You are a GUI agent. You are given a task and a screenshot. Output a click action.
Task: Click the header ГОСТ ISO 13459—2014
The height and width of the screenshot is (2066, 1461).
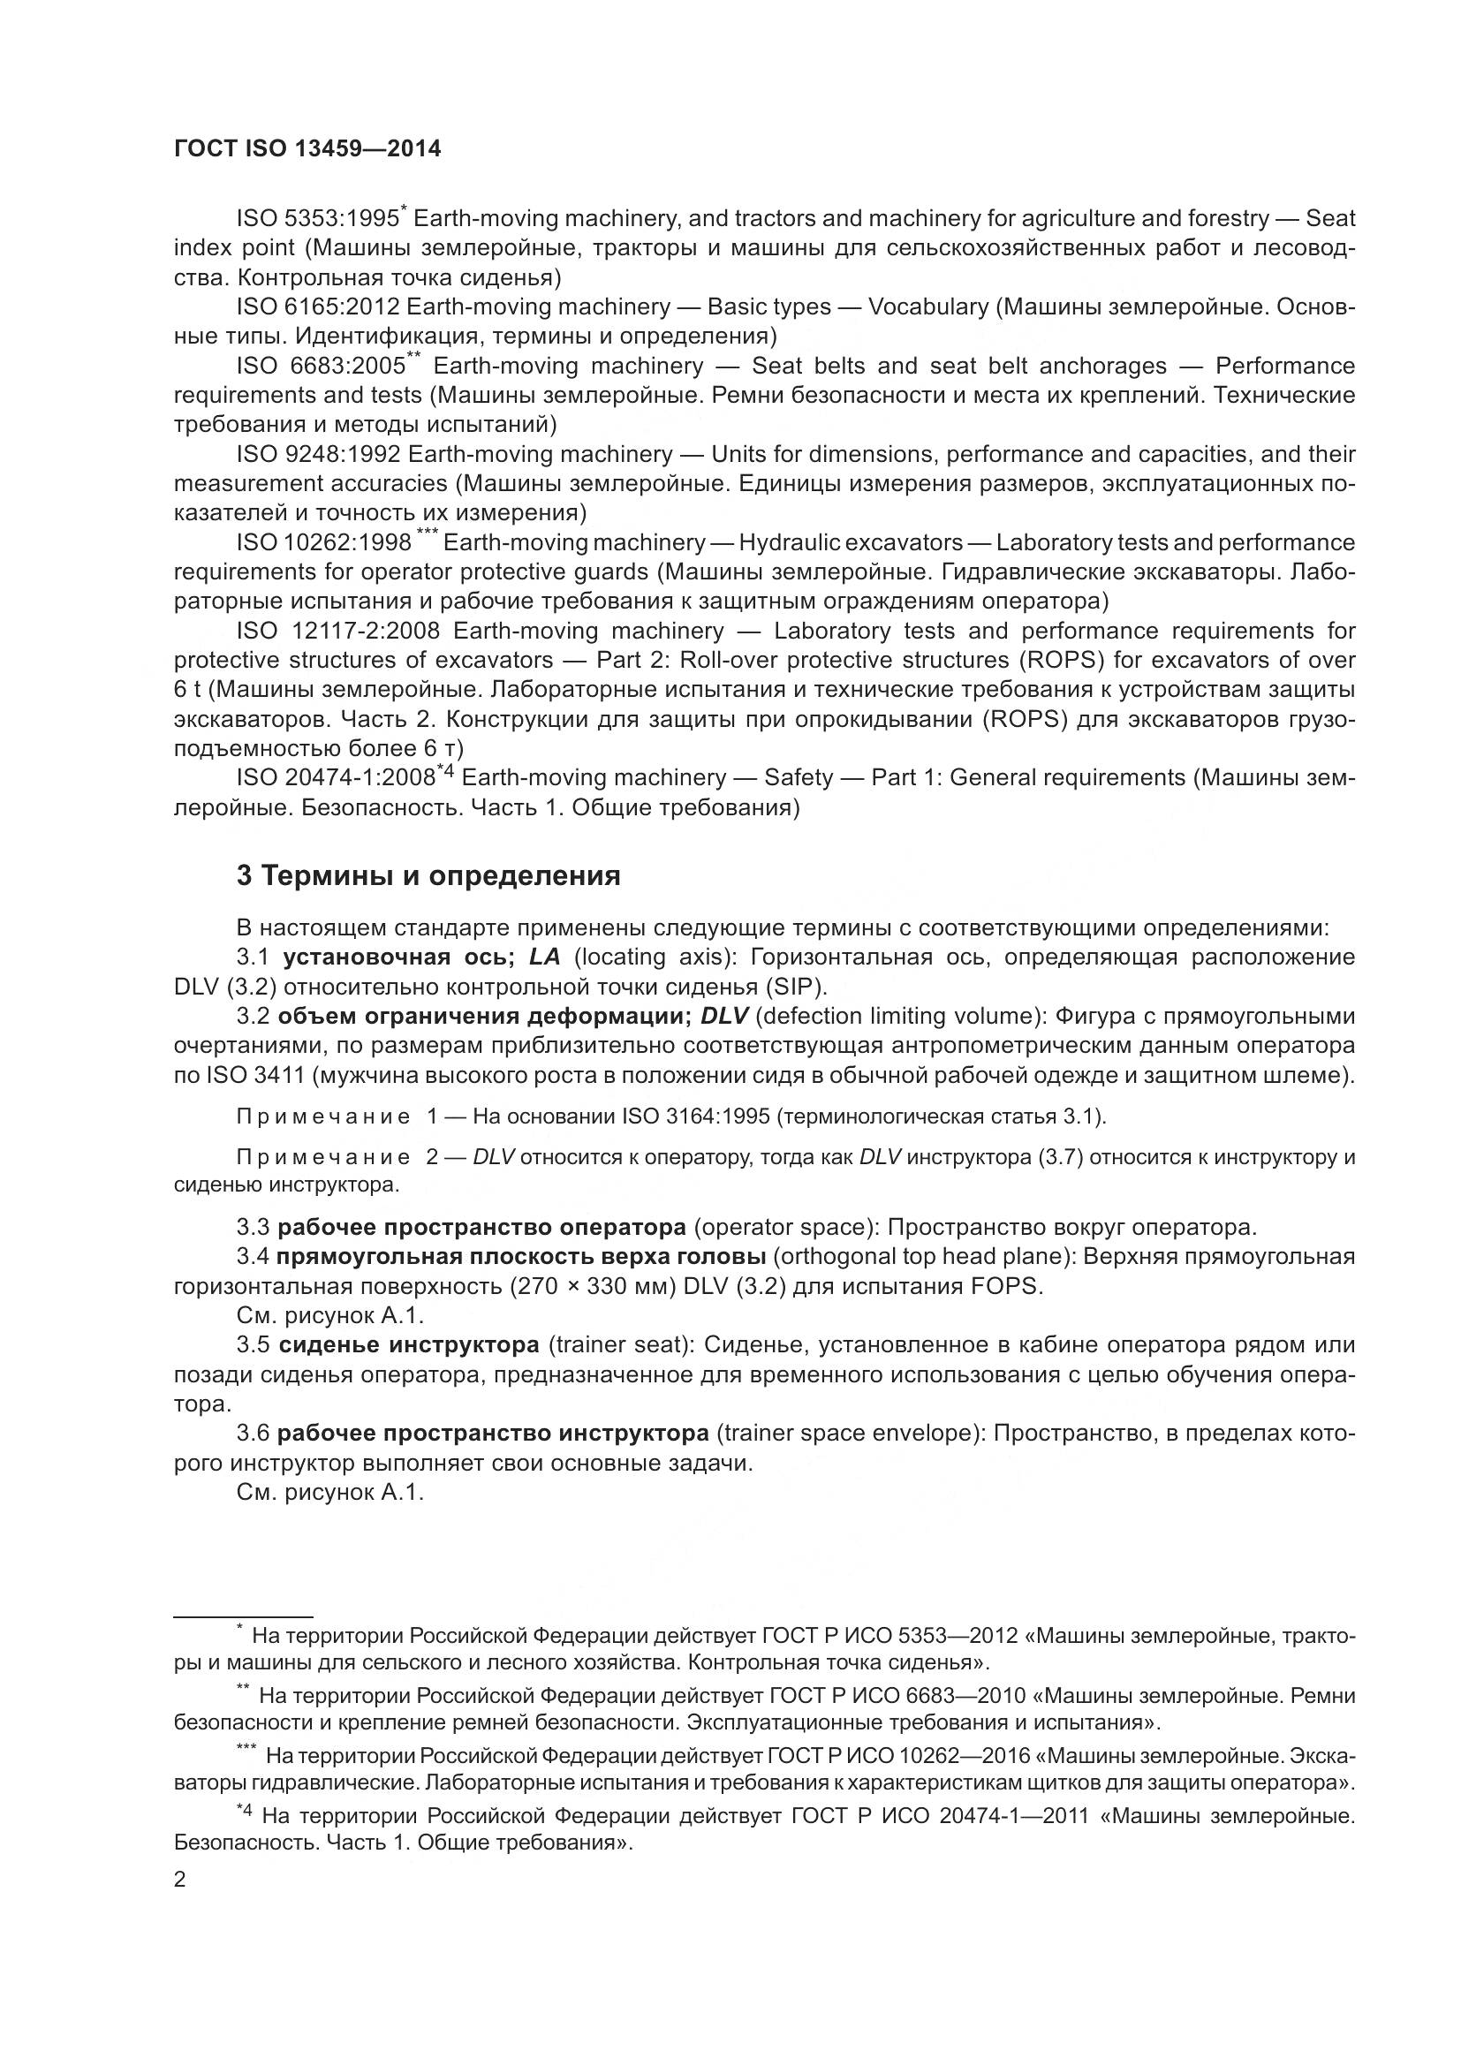pos(307,149)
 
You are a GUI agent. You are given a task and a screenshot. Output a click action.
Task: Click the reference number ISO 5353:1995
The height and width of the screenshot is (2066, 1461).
pos(318,219)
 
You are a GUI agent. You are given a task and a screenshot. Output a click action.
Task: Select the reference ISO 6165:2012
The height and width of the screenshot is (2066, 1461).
pos(318,306)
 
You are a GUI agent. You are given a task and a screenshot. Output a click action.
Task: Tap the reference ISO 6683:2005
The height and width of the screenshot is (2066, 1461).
pos(322,367)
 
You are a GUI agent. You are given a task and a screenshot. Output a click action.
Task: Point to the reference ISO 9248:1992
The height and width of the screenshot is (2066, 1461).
pos(318,454)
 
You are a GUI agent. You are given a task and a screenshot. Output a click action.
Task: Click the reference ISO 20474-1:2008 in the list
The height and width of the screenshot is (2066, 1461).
pos(336,777)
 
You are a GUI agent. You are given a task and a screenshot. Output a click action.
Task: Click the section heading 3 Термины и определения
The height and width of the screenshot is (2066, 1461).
pos(428,875)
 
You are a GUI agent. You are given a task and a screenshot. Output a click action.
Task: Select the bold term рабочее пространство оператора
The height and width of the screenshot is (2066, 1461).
pos(481,1228)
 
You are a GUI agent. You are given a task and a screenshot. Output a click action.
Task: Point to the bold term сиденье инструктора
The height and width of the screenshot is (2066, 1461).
pos(408,1345)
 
